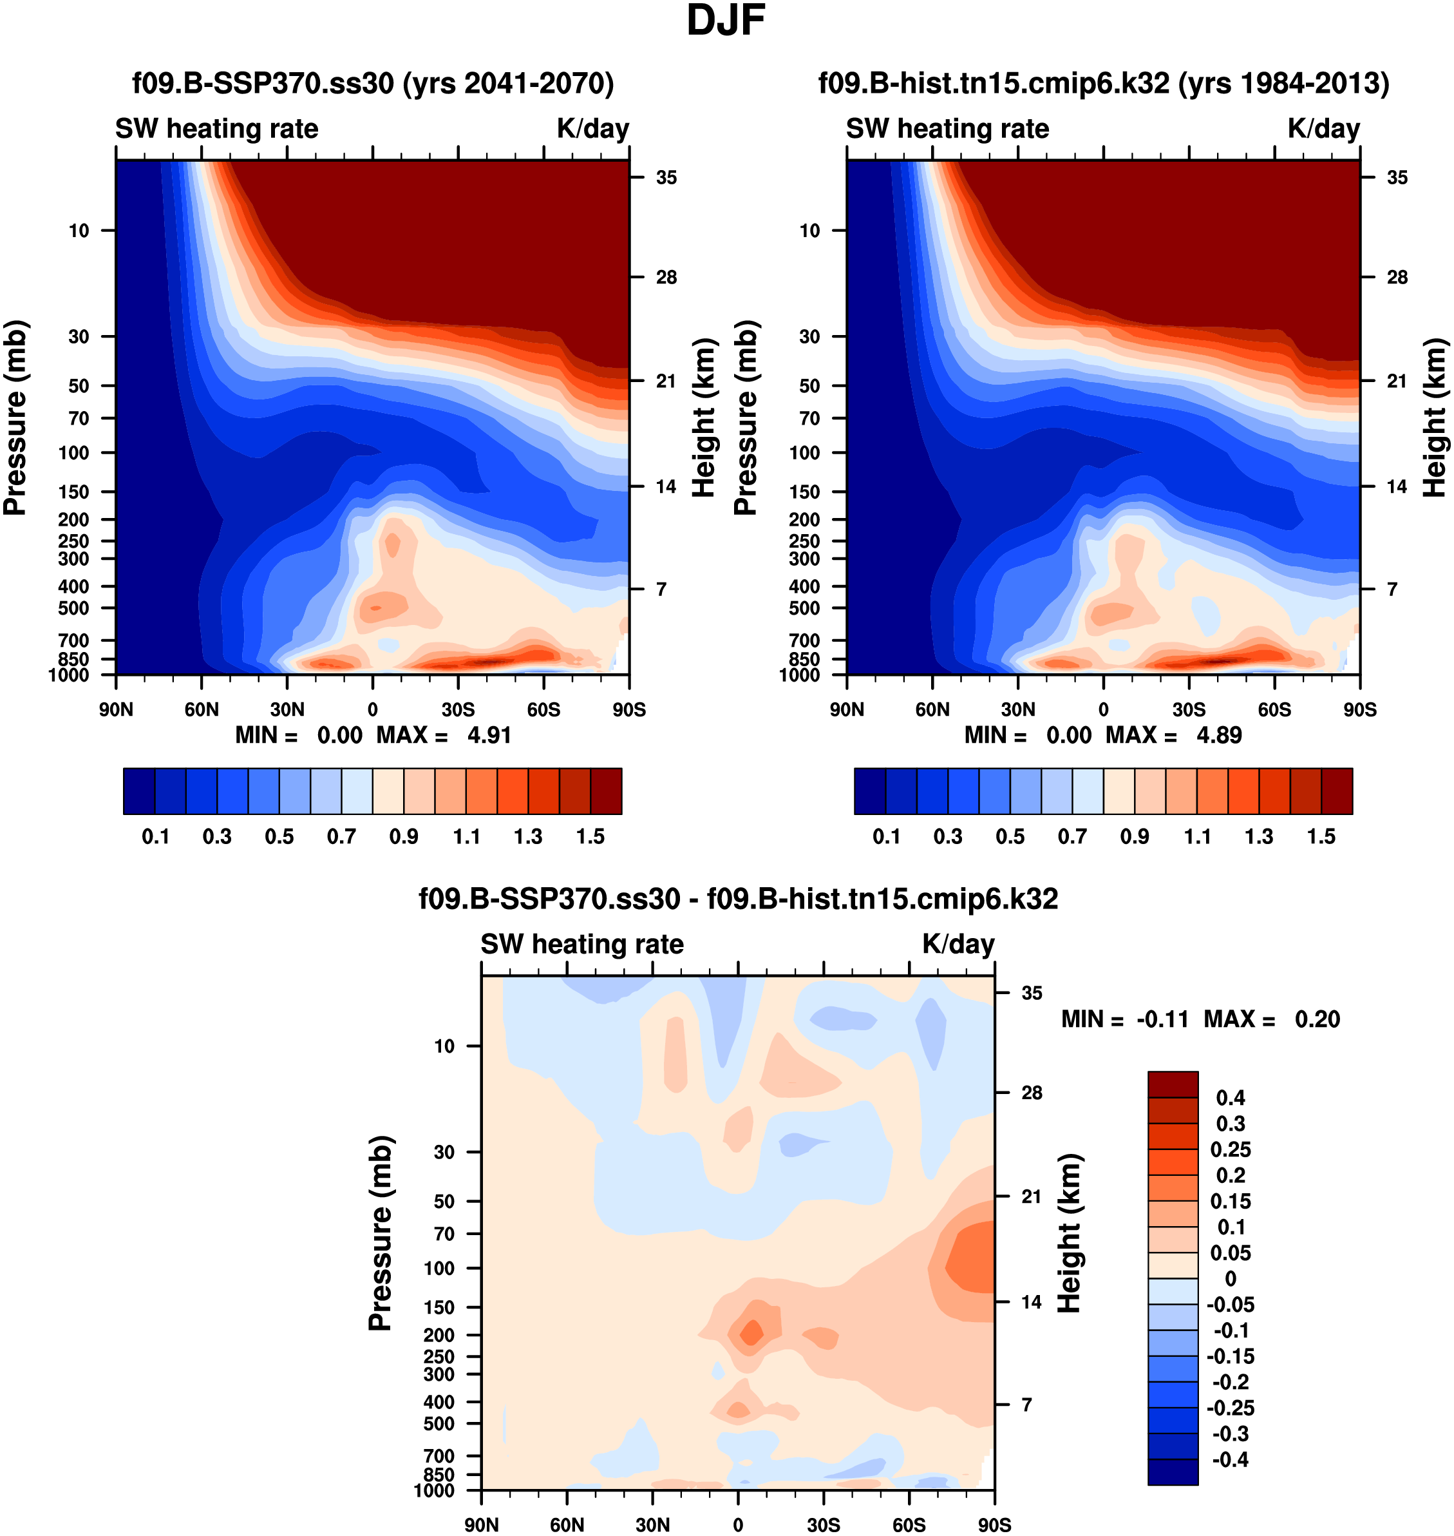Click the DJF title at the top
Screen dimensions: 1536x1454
click(726, 21)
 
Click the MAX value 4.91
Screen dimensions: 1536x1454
click(489, 735)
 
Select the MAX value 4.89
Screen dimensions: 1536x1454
click(1219, 735)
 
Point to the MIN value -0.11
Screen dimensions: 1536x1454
click(1162, 1019)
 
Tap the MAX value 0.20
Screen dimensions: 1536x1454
click(1317, 1019)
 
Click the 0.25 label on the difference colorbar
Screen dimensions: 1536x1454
click(1230, 1149)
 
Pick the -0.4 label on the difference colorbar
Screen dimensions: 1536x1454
click(1230, 1460)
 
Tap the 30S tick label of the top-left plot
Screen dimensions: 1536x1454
click(458, 709)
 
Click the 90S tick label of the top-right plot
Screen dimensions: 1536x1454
click(1360, 709)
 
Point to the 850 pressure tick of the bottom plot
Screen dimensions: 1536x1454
click(439, 1474)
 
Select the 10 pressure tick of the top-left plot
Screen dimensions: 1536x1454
click(79, 230)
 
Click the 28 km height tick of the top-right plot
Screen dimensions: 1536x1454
click(1397, 277)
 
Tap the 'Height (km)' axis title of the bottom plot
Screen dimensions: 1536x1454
click(1069, 1233)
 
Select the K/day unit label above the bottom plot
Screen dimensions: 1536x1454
click(958, 945)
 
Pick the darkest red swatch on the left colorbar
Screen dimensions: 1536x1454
click(606, 791)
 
